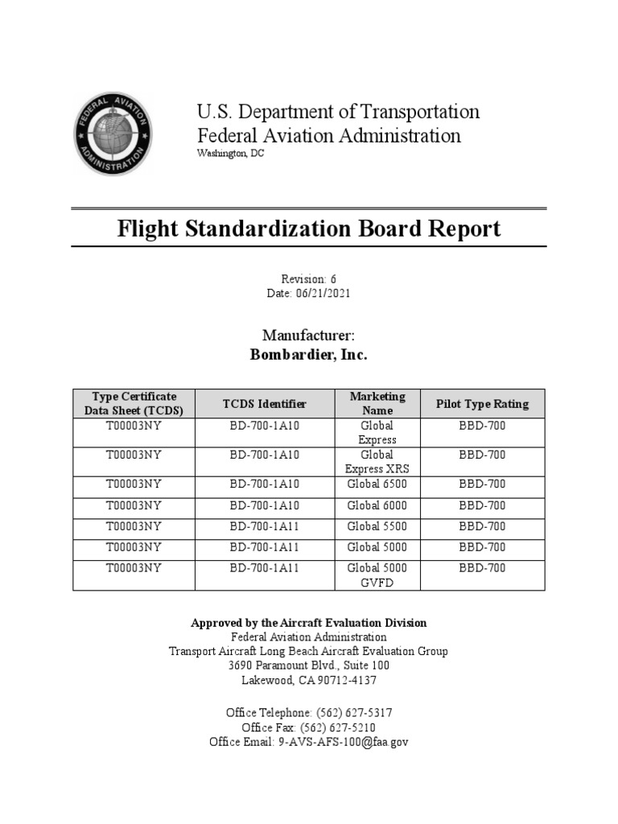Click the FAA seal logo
[113, 132]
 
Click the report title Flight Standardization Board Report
[309, 229]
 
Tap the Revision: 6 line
[309, 279]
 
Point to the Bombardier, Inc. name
[309, 354]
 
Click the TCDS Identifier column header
[264, 403]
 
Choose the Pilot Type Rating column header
[482, 403]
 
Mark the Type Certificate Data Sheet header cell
[134, 403]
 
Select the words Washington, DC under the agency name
[230, 154]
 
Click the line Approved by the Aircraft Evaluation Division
[309, 623]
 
